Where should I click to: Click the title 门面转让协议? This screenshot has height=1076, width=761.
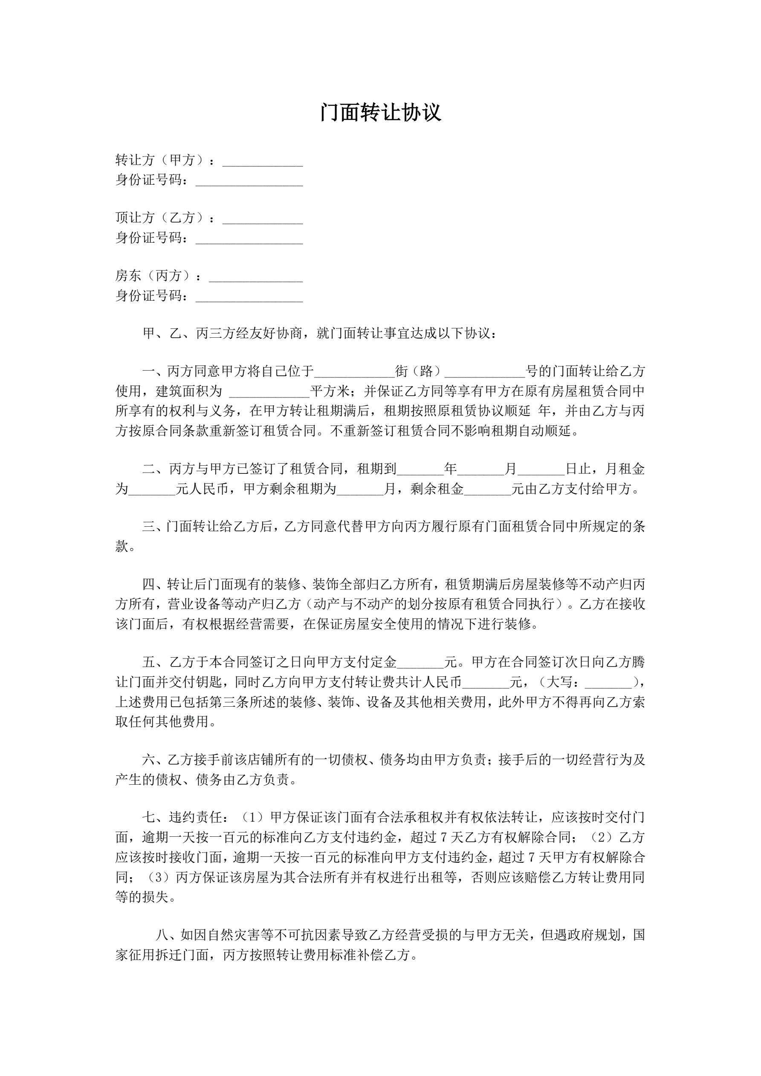click(380, 113)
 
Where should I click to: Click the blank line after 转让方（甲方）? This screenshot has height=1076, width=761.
click(263, 162)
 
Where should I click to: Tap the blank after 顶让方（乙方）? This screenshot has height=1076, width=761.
click(263, 220)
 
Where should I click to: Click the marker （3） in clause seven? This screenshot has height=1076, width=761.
click(161, 877)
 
